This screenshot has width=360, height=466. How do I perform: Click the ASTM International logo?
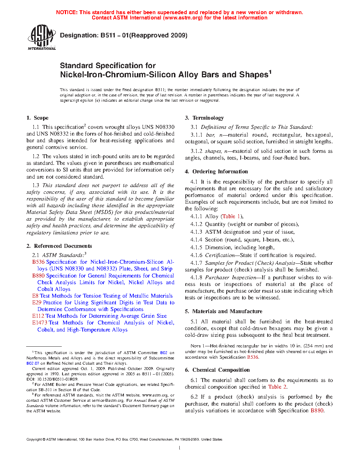coord(42,37)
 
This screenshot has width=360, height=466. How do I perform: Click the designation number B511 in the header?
coord(108,35)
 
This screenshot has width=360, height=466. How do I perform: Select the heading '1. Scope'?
coord(37,118)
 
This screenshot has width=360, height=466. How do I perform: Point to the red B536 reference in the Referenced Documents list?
coord(38,262)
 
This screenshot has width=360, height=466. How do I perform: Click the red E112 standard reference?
coord(38,316)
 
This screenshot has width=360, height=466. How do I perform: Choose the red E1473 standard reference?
coord(40,323)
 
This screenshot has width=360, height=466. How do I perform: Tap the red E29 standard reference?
coord(37,303)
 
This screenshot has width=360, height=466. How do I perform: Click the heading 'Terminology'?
coord(208,118)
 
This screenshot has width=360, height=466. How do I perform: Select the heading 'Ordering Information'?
coord(220,172)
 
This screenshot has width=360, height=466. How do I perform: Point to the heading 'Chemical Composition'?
coord(221,370)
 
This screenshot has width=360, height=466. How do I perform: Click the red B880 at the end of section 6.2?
coord(317,411)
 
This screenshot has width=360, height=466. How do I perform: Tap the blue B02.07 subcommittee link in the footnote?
coord(33,363)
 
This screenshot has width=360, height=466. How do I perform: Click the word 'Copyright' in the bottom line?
coord(34,440)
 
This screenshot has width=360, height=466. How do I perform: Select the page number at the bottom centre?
coord(180,448)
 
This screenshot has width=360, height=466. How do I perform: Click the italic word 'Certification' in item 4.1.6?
coord(220,255)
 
